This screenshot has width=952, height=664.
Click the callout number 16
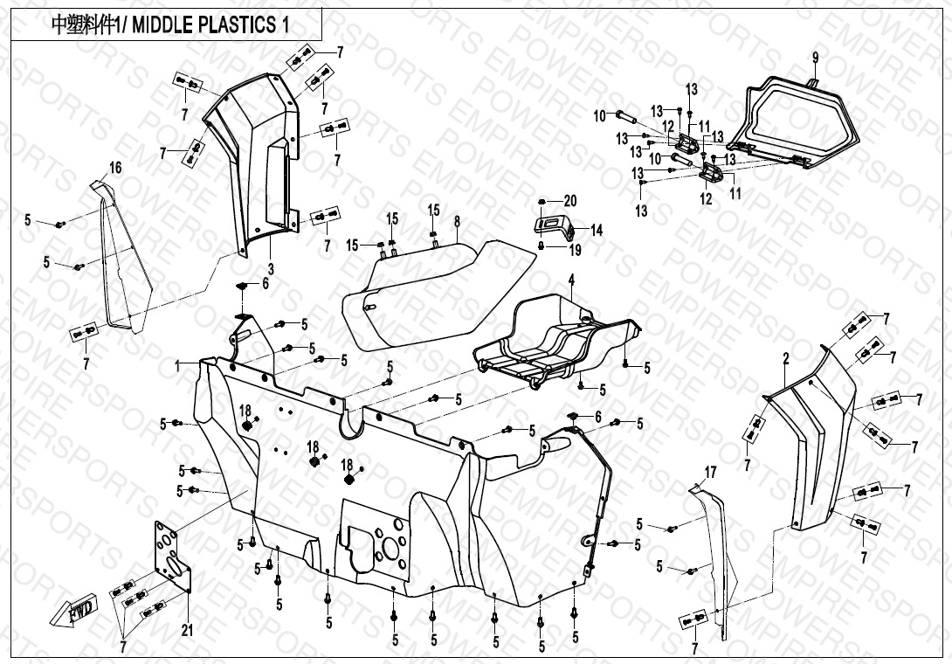pyautogui.click(x=115, y=167)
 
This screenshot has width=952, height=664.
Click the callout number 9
pyautogui.click(x=815, y=58)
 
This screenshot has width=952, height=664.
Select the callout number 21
pyautogui.click(x=186, y=630)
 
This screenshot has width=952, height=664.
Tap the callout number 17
pyautogui.click(x=710, y=473)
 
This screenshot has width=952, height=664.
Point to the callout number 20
pyautogui.click(x=570, y=200)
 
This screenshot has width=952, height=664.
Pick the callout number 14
pyautogui.click(x=597, y=231)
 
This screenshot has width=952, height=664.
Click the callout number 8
pyautogui.click(x=456, y=222)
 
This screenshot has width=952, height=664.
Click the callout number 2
pyautogui.click(x=785, y=357)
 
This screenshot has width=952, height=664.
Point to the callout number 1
pyautogui.click(x=178, y=364)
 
